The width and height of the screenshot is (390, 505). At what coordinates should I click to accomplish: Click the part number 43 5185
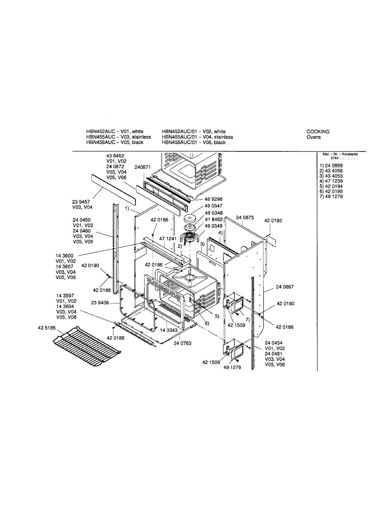[46, 328]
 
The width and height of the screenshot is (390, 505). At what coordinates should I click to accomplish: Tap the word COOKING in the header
[318, 132]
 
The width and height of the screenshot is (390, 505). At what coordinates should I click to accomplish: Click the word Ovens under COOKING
[313, 137]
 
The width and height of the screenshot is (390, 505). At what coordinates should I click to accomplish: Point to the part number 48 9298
[213, 199]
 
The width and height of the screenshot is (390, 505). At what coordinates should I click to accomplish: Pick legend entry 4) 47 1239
[331, 181]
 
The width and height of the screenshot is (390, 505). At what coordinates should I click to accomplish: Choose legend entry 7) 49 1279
[331, 197]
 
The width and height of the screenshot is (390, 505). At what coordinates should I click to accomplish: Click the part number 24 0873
[245, 218]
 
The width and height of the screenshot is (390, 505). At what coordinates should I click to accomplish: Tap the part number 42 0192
[273, 221]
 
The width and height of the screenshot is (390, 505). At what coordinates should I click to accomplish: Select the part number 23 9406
[100, 303]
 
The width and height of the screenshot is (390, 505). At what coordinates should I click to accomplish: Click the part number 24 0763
[183, 343]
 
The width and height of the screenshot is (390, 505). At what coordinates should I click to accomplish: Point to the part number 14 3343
[169, 330]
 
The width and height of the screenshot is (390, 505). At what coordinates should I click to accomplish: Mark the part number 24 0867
[285, 287]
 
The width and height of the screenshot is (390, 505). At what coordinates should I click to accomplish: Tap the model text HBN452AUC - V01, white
[115, 132]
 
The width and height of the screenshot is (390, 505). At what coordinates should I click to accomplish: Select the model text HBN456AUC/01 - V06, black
[194, 142]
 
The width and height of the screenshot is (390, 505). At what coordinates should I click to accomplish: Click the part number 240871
[143, 167]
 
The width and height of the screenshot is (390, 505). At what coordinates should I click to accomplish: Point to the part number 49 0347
[213, 206]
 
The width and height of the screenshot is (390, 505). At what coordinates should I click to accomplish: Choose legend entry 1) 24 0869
[331, 166]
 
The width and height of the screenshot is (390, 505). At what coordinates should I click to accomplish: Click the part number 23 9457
[81, 202]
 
